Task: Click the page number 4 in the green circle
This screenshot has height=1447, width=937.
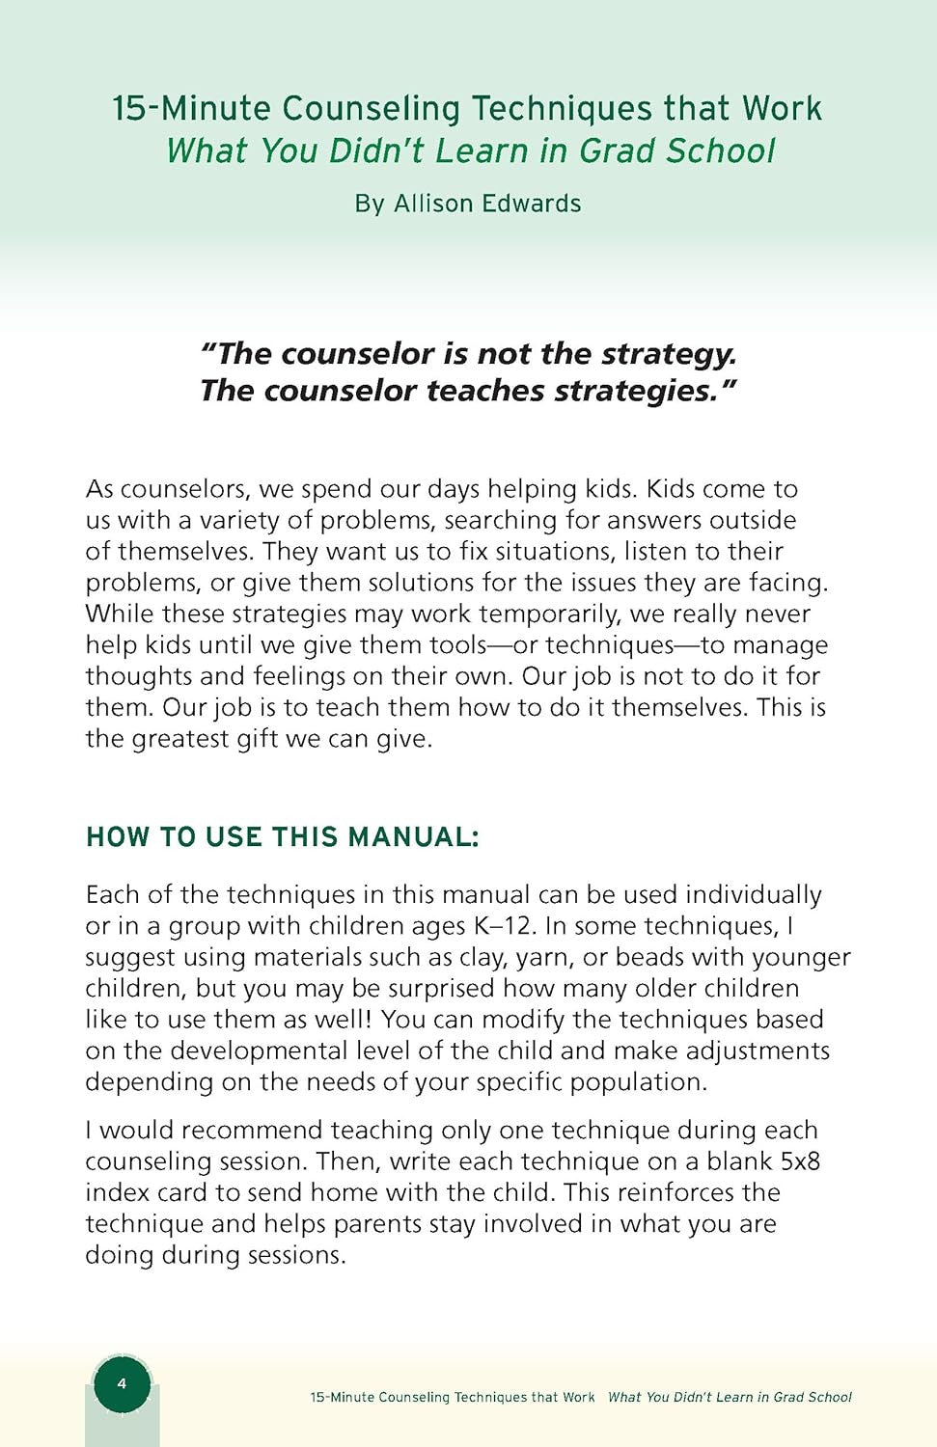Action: point(122,1383)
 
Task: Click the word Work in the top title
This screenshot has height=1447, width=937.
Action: point(782,108)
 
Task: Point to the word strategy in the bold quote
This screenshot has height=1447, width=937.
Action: point(669,354)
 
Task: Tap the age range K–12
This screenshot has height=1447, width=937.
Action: point(503,926)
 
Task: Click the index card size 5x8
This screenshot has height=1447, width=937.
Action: point(800,1161)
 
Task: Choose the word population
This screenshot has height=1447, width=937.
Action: point(637,1082)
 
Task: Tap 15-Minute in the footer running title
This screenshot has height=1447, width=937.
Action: point(343,1397)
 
